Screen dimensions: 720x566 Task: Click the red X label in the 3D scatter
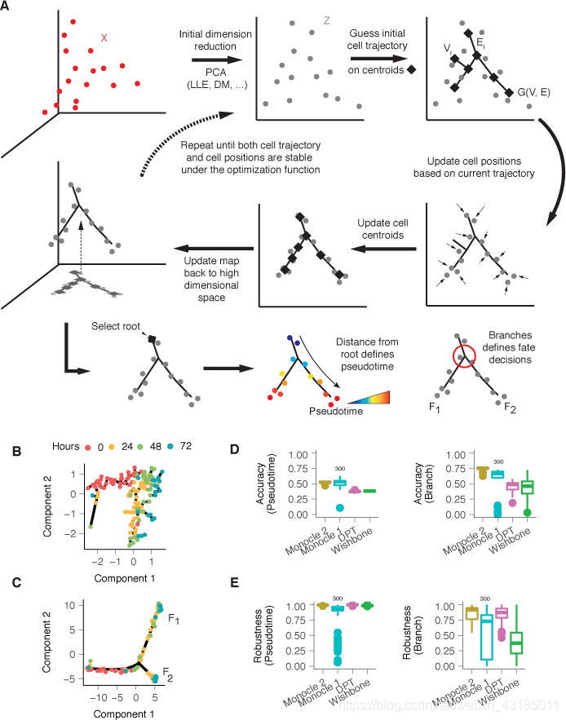(x=104, y=38)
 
